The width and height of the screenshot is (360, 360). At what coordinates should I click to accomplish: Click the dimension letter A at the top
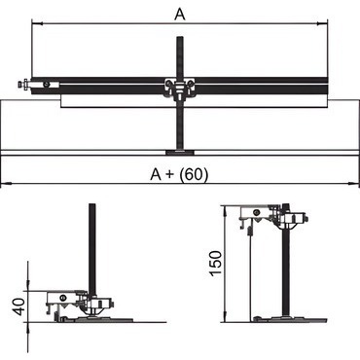180,14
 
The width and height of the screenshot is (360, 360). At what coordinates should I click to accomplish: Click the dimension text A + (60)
179,174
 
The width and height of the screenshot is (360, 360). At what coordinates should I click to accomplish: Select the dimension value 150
216,263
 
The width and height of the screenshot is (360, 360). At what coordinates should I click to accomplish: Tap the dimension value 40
19,306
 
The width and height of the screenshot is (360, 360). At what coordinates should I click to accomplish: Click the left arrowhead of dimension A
36,23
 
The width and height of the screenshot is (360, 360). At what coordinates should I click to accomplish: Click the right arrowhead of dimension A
323,23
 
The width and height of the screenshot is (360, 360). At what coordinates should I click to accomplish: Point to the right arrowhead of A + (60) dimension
354,184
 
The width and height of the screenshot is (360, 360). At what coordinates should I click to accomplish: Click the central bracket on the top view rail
179,88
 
